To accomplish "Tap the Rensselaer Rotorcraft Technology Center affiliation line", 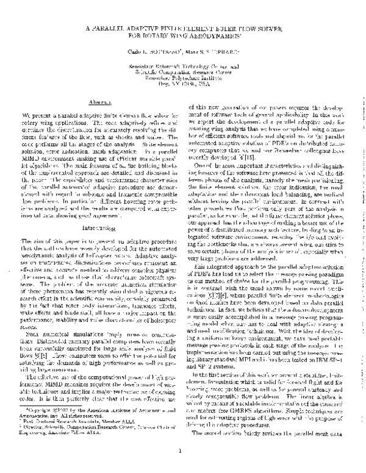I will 183,65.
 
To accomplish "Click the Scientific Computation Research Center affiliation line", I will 183,71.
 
